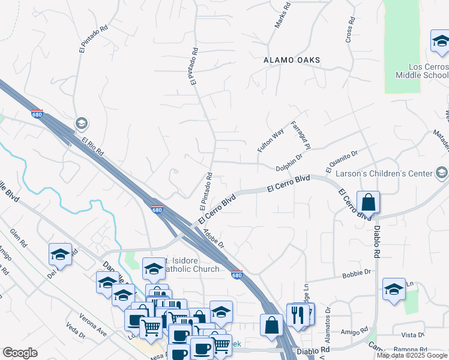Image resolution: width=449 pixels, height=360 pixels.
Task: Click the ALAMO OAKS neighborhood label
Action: pyautogui.click(x=291, y=61)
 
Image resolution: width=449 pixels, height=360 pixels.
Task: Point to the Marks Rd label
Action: pyautogui.click(x=282, y=17)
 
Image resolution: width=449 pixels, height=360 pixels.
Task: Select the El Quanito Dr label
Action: pyautogui.click(x=341, y=159)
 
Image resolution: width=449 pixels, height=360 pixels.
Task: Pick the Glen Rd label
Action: pyautogui.click(x=19, y=239)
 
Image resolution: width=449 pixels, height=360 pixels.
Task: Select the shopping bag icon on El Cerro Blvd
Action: pyautogui.click(x=368, y=202)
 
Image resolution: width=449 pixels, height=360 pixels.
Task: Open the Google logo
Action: pyautogui.click(x=20, y=353)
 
